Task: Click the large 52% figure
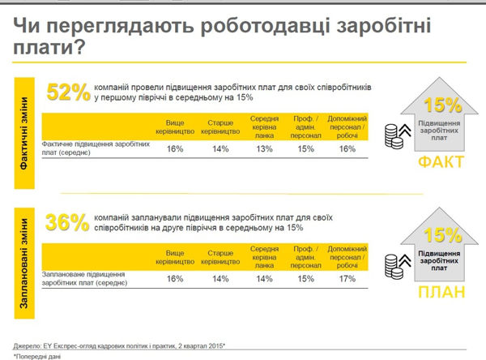68,92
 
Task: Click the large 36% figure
68,222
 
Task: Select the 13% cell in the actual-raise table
264,148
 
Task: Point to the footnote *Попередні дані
40,354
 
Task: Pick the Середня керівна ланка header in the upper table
264,126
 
